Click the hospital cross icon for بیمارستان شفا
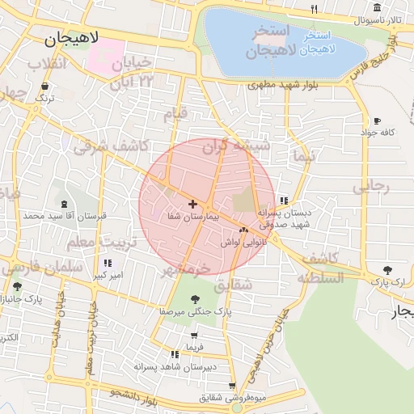pyautogui.click(x=192, y=204)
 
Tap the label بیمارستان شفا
pyautogui.click(x=192, y=217)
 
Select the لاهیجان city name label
pyautogui.click(x=73, y=37)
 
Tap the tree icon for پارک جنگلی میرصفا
pyautogui.click(x=195, y=298)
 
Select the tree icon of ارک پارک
pyautogui.click(x=388, y=270)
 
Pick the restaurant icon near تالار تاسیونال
pyautogui.click(x=314, y=10)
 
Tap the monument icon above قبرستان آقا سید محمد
pyautogui.click(x=64, y=203)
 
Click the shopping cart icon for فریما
pyautogui.click(x=194, y=335)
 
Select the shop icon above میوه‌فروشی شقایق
pyautogui.click(x=233, y=386)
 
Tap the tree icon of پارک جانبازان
pyautogui.click(x=17, y=286)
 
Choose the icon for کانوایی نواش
pyautogui.click(x=243, y=230)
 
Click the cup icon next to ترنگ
pyautogui.click(x=44, y=86)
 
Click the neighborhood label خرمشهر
pyautogui.click(x=186, y=267)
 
